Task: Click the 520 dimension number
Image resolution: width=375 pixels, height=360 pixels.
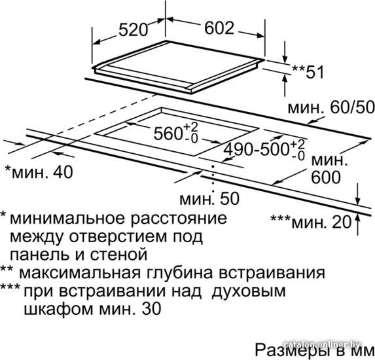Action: pyautogui.click(x=134, y=29)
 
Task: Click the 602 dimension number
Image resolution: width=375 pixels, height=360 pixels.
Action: pyautogui.click(x=219, y=27)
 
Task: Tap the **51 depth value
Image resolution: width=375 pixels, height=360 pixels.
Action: pyautogui.click(x=308, y=72)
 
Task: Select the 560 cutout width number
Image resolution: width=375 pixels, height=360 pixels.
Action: pyautogui.click(x=168, y=134)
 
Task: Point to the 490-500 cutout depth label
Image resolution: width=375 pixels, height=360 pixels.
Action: pyautogui.click(x=257, y=150)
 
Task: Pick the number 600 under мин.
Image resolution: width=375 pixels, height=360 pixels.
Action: pyautogui.click(x=326, y=177)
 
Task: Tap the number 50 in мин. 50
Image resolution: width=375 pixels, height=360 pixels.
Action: pyautogui.click(x=230, y=198)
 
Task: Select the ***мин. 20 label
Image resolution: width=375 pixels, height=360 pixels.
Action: pyautogui.click(x=311, y=222)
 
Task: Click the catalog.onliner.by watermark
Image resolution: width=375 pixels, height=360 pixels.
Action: pyautogui.click(x=323, y=344)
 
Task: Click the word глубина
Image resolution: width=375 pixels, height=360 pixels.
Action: pyautogui.click(x=179, y=273)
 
